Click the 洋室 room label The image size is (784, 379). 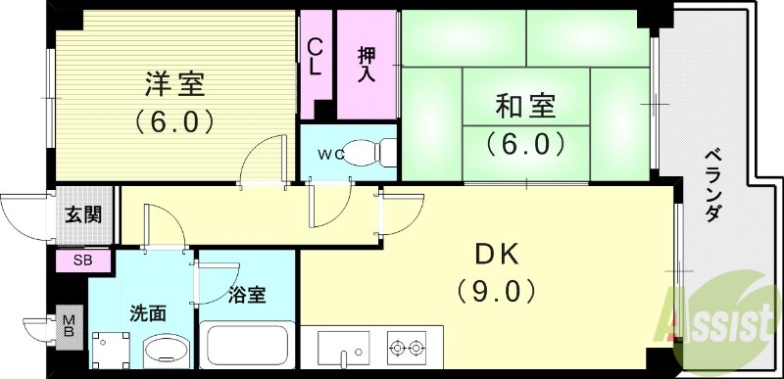tap(175, 85)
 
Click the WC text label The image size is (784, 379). tap(328, 154)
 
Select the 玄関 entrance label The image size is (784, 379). tap(83, 216)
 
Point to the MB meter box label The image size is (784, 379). tap(69, 326)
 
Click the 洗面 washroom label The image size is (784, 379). tap(149, 313)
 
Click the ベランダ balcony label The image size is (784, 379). tap(712, 187)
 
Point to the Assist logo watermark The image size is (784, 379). tap(720, 316)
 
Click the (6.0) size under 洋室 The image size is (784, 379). tap(175, 122)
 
